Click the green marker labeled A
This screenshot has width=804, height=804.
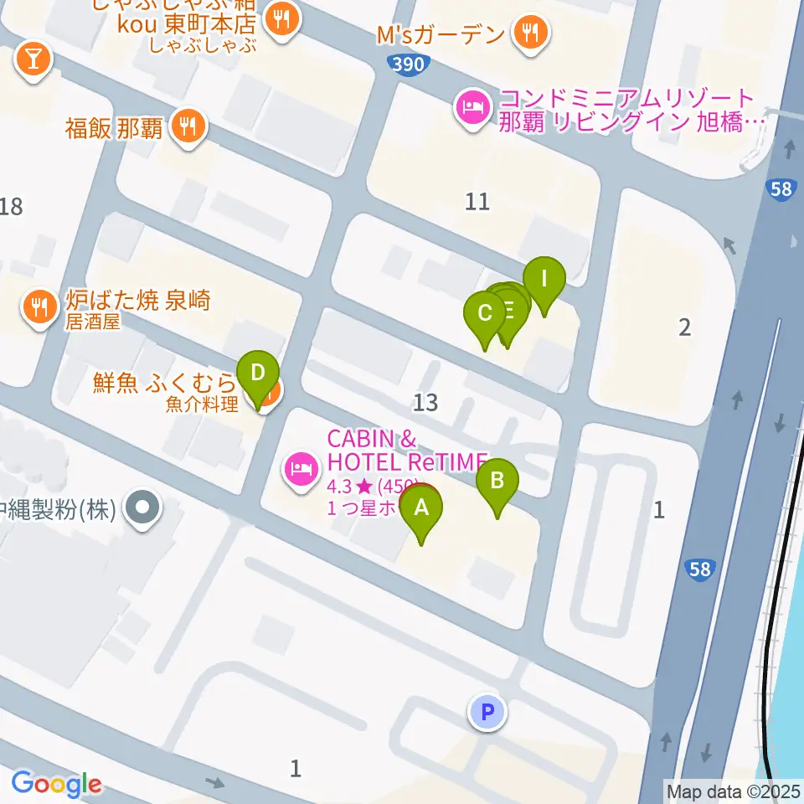(x=421, y=508)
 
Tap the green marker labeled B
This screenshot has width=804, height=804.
(x=497, y=482)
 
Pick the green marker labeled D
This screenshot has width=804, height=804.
(x=258, y=372)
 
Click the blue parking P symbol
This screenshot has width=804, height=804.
(x=488, y=713)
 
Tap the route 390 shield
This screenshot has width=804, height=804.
(x=410, y=64)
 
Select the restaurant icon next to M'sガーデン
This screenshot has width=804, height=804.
(x=530, y=33)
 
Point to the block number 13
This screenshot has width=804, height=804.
(x=425, y=403)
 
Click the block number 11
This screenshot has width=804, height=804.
(x=477, y=201)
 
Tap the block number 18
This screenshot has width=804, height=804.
(x=11, y=206)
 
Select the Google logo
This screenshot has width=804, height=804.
(x=56, y=785)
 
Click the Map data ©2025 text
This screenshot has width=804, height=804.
(x=732, y=790)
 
